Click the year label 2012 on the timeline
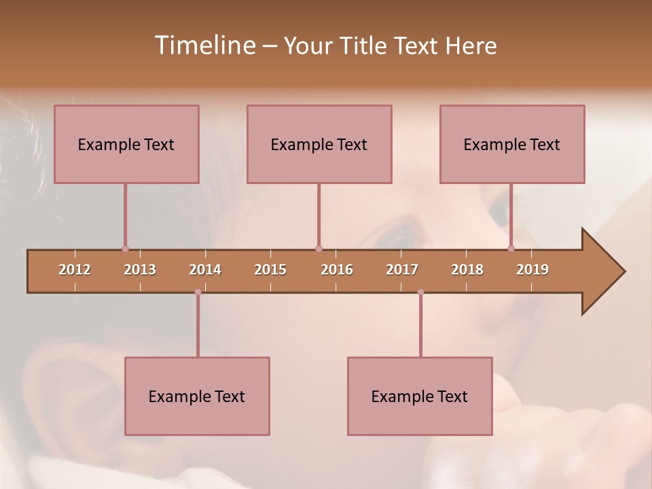coord(75,270)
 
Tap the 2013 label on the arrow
coord(140,270)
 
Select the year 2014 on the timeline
coord(205,270)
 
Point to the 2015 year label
coord(270,270)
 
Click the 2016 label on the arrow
coord(337,270)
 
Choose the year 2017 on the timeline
coord(402,270)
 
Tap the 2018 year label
coord(467,270)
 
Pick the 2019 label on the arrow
coord(532,270)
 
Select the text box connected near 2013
coord(126,144)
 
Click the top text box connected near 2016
coord(319,144)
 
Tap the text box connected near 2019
coord(512,144)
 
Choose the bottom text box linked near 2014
coord(197,396)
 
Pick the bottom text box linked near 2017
coord(420,396)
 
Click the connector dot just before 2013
coord(125,249)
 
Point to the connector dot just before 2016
coord(319,249)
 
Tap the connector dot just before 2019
coord(511,249)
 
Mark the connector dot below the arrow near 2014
coord(198,292)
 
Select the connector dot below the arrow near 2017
coord(420,292)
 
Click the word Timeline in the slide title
coord(204,46)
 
